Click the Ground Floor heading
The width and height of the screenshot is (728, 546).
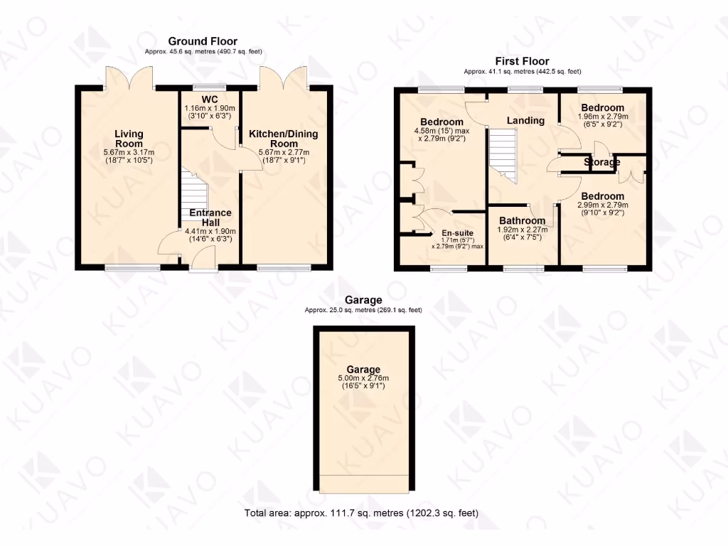202,42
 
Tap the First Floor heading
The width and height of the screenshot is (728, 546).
522,61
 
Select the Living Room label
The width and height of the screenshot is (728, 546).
129,139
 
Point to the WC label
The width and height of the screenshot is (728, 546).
209,99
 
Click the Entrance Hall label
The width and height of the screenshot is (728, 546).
210,218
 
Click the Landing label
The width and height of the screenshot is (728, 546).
525,120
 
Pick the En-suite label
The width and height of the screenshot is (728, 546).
457,232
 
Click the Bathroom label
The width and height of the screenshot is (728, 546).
522,220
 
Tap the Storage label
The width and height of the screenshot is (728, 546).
602,162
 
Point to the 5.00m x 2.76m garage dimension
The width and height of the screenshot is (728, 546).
363,378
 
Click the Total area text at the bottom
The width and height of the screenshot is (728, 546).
362,513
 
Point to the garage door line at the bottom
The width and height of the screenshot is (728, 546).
363,475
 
